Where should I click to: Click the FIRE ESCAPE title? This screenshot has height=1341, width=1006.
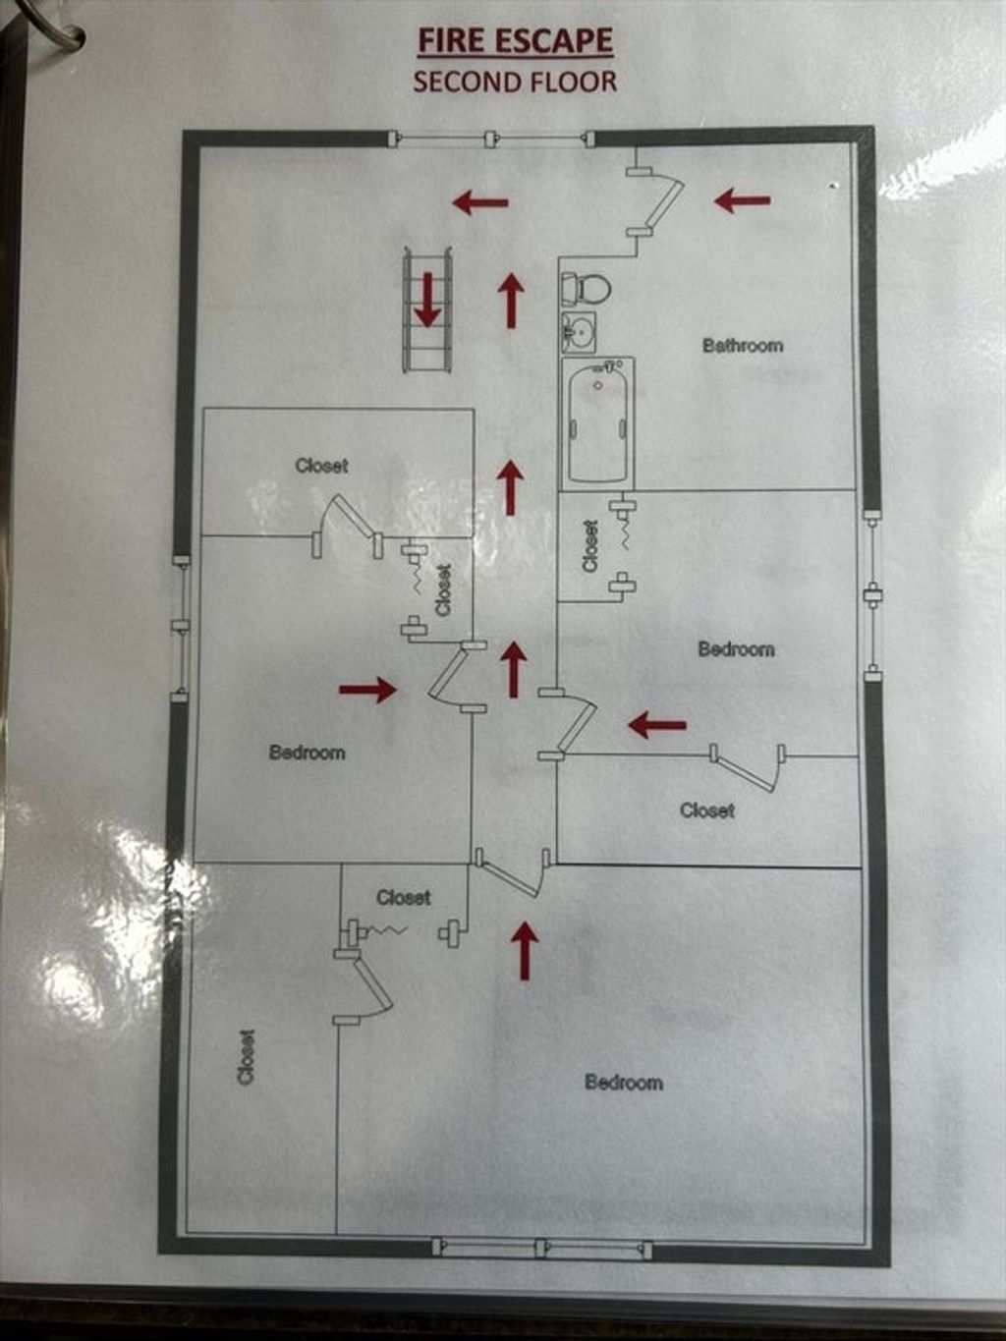point(516,41)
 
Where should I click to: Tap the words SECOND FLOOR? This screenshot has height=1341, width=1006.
point(515,82)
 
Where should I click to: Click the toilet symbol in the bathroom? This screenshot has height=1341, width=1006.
point(587,288)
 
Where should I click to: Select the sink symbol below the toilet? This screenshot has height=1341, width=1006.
point(578,331)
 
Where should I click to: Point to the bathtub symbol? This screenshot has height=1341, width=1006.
point(598,423)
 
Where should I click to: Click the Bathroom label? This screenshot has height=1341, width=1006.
point(742,345)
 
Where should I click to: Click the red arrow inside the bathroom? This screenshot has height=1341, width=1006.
point(742,200)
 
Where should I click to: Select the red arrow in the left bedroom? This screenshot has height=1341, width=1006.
point(368,690)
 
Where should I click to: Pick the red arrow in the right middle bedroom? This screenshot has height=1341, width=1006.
point(656,725)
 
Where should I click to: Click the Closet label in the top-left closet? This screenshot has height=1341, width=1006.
point(321,466)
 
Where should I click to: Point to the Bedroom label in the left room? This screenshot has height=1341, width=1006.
point(307,753)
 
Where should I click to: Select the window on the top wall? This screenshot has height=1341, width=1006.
point(491,140)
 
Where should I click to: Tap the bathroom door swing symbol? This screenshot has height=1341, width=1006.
point(656,202)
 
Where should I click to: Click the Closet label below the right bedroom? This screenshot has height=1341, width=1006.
point(707,810)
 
